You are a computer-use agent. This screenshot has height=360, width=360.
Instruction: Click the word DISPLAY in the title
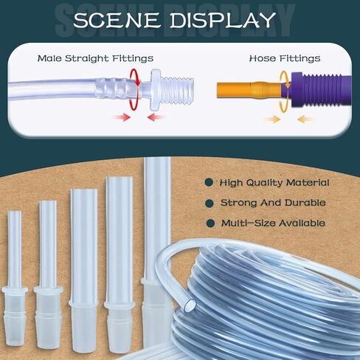tap(223, 20)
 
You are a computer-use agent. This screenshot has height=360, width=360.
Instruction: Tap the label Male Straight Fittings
tap(95, 58)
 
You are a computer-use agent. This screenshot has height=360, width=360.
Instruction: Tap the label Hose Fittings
tap(285, 58)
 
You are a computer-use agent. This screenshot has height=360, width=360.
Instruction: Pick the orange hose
tap(249, 91)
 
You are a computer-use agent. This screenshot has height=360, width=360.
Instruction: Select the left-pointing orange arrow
tap(305, 120)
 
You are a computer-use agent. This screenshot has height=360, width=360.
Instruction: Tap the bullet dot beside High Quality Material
tap(209, 183)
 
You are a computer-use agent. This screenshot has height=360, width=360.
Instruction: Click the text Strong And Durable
tap(273, 203)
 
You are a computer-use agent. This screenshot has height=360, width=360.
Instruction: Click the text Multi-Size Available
tap(273, 224)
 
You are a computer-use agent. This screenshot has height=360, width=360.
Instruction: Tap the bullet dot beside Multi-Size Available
tap(210, 224)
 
